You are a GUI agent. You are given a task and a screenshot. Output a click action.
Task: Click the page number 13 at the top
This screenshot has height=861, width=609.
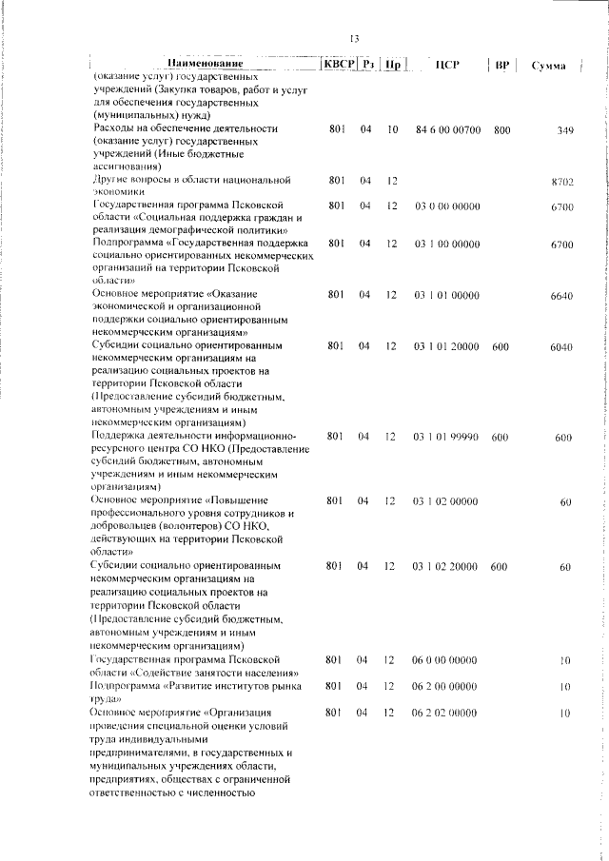click(x=353, y=39)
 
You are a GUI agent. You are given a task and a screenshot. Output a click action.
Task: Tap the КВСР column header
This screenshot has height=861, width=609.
click(x=339, y=64)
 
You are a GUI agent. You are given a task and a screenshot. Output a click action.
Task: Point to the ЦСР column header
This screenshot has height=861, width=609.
click(x=447, y=65)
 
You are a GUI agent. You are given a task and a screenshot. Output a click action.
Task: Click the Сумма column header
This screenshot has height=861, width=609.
click(x=549, y=66)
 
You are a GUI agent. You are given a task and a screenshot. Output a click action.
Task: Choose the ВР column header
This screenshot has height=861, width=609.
click(x=502, y=65)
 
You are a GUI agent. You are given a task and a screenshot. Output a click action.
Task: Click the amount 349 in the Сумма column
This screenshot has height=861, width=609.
click(x=564, y=129)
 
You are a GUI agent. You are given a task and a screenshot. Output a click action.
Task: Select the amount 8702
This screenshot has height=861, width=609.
click(x=561, y=181)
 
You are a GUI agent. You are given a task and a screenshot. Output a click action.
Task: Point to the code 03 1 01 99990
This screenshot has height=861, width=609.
click(x=446, y=437)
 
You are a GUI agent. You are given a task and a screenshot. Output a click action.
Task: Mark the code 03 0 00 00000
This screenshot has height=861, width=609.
click(x=446, y=205)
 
